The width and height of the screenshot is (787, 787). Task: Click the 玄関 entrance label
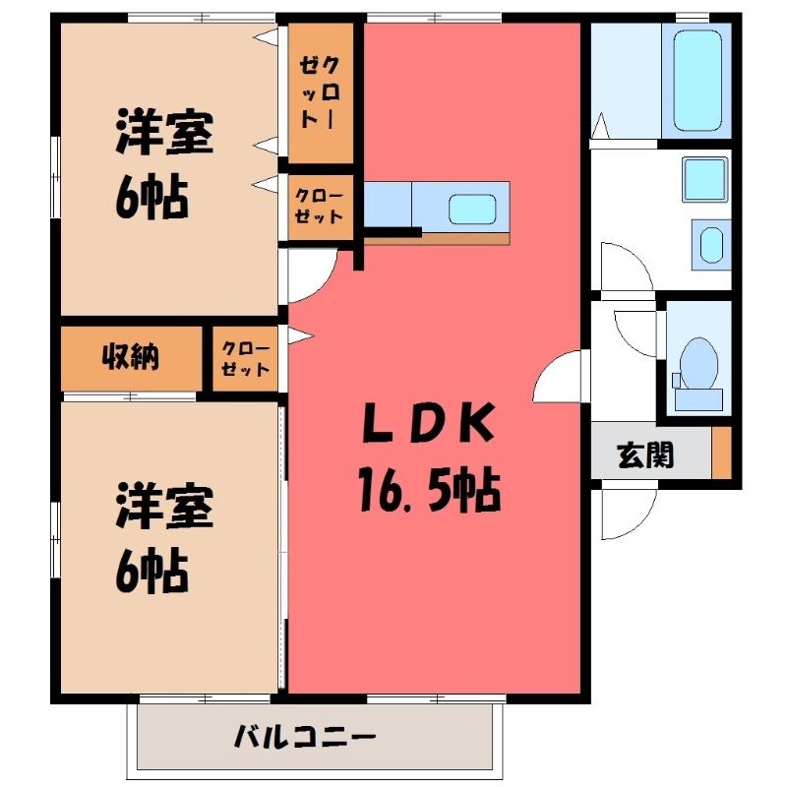[645, 455]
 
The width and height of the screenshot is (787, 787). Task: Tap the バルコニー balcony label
[305, 737]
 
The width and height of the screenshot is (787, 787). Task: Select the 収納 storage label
[131, 357]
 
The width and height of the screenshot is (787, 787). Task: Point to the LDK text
[428, 424]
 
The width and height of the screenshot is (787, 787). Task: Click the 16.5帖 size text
[430, 489]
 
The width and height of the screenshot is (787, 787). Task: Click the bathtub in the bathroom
[697, 81]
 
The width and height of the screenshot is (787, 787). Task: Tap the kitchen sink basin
[472, 209]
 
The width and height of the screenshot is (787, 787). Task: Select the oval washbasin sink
[711, 245]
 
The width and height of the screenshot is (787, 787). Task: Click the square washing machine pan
[704, 179]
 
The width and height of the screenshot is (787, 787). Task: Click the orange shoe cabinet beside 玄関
[722, 453]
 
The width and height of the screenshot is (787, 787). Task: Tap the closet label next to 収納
[245, 359]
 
